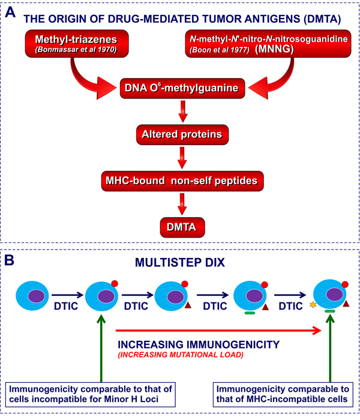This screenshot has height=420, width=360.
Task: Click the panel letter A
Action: point(11,10)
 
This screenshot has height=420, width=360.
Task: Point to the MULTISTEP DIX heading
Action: point(181,262)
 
